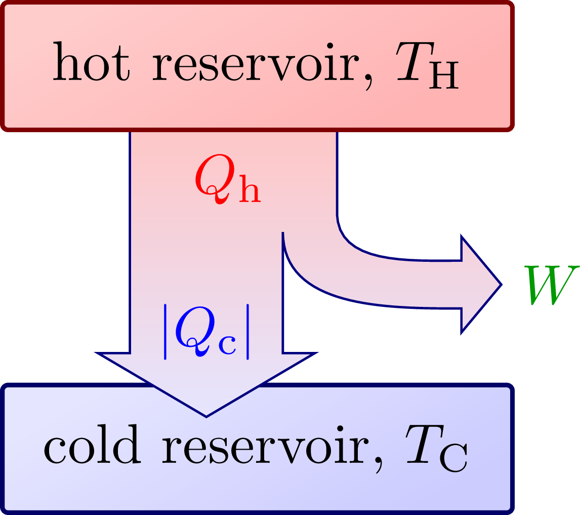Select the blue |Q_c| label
click(206, 332)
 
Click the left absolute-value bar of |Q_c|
click(165, 332)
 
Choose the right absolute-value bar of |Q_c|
click(248, 332)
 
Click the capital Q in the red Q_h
click(214, 181)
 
